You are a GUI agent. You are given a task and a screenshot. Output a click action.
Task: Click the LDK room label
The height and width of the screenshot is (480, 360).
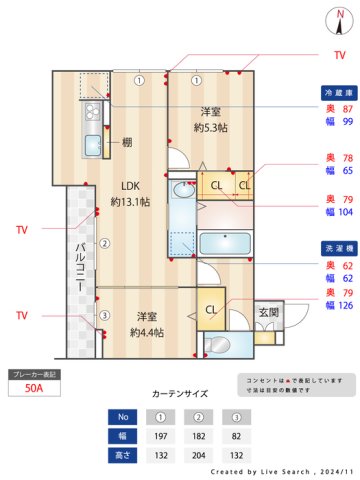pos(131,185)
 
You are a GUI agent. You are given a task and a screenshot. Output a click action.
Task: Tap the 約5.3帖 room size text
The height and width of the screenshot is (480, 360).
pos(210,127)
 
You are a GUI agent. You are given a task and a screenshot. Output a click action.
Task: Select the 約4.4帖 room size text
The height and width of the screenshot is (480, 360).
pos(147,332)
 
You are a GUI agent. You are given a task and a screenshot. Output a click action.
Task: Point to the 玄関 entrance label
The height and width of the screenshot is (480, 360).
pos(268,313)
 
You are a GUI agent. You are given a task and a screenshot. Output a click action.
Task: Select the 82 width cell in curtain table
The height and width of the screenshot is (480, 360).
pos(239,436)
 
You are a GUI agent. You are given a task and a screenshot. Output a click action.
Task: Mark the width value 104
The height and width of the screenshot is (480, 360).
pos(346,212)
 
